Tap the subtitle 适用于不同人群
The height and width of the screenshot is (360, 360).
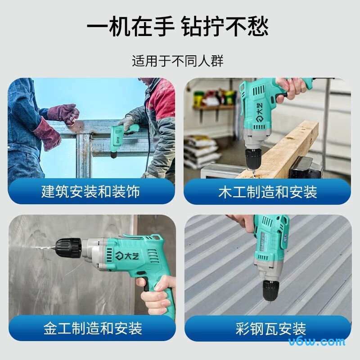tap(178, 61)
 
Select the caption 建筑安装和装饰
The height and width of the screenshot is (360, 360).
tap(91, 191)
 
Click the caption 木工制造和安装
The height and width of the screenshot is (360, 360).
tap(268, 192)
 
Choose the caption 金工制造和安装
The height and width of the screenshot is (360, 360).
tap(93, 328)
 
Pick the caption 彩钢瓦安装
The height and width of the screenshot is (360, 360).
tap(271, 328)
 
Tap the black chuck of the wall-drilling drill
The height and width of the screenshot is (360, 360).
tap(68, 248)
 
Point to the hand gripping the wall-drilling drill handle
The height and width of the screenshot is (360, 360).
tap(158, 296)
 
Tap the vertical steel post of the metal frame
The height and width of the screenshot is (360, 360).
tap(84, 156)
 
